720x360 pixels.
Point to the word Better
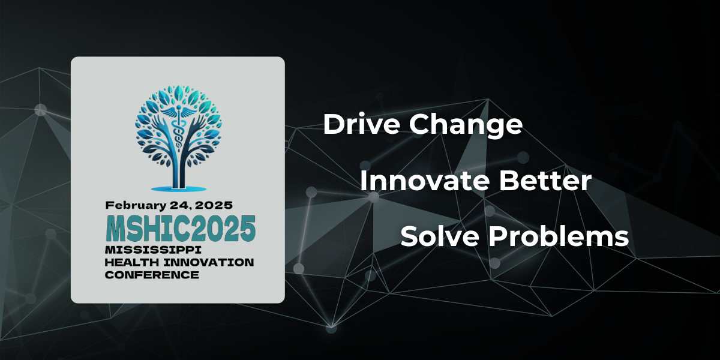545,181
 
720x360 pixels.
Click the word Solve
439,236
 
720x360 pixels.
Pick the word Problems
559,236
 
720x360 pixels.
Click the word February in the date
136,206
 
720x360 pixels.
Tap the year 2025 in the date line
214,205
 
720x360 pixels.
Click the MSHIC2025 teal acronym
181,229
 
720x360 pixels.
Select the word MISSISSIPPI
153,250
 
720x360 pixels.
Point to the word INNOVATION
209,262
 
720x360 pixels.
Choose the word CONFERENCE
152,275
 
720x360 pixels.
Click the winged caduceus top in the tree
178,112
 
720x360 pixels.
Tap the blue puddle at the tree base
179,188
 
